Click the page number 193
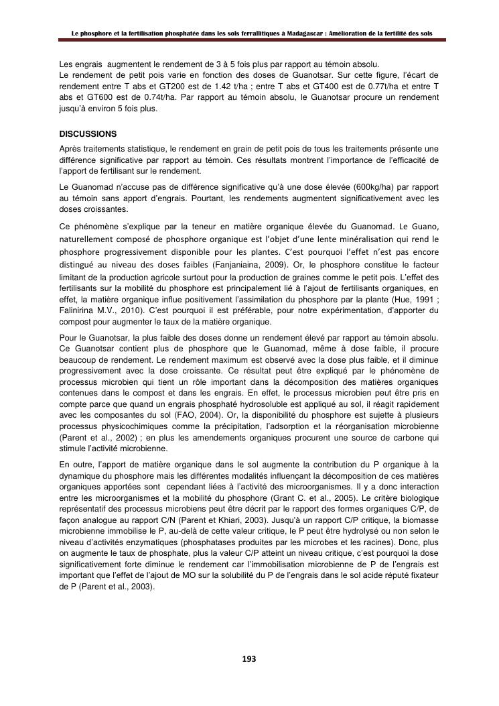coord(249,659)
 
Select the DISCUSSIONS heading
coord(88,134)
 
